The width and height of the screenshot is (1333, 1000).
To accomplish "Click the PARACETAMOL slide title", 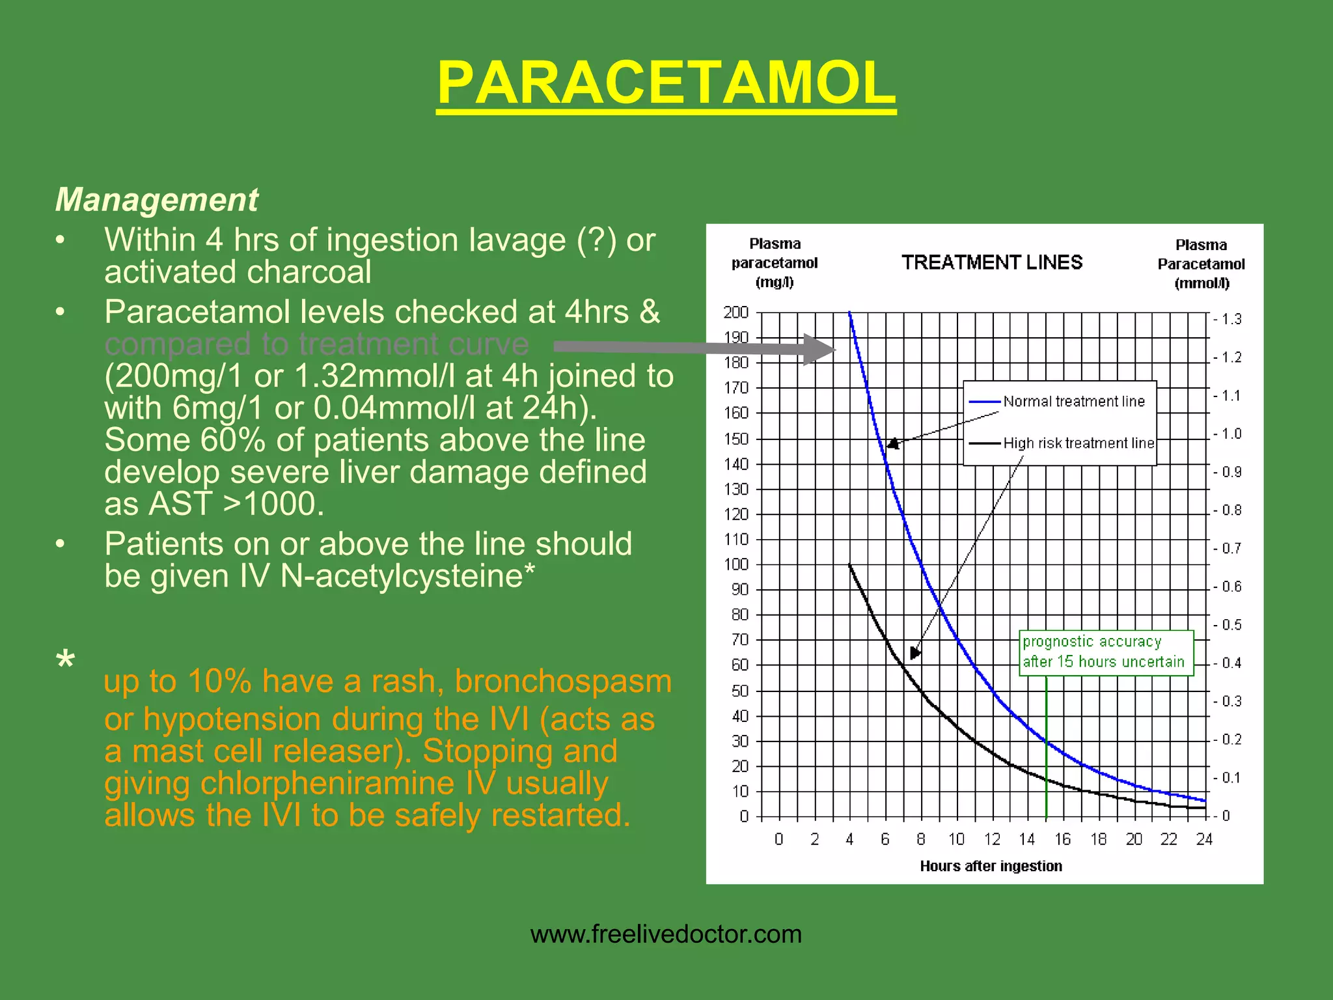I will pos(666,83).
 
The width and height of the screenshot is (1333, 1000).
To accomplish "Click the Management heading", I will pos(157,199).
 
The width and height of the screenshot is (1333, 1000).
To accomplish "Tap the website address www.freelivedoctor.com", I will pos(666,934).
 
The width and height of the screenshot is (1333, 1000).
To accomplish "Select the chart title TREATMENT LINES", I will pos(992,262).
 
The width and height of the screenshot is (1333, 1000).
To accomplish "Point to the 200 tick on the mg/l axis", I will pos(736,312).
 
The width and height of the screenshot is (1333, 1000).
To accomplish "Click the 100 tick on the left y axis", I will pos(736,564).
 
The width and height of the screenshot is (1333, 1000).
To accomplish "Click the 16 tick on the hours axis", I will pos(1063,839).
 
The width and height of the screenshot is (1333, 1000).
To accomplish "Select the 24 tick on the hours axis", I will pos(1204,839).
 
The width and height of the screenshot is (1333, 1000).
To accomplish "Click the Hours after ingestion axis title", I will pos(991,866).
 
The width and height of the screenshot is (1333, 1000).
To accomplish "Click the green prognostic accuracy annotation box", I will pos(1105,652).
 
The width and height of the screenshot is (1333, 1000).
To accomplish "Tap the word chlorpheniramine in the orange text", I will pos(327,783).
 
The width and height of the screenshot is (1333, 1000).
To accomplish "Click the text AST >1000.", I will pos(236,504).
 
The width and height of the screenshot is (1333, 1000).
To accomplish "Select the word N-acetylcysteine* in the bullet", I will pos(407,576).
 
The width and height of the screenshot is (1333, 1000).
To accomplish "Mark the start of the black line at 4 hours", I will pos(850,565).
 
